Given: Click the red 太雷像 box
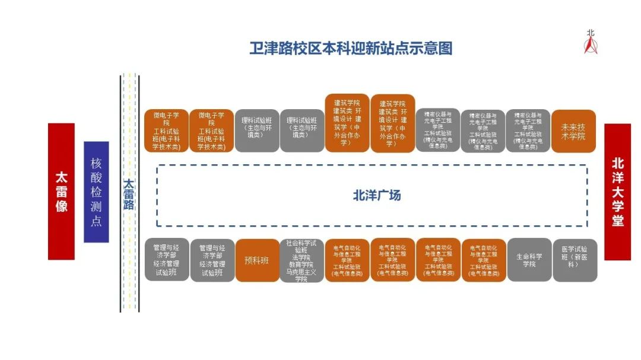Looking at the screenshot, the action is pos(61,191).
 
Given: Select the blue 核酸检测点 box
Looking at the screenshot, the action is pos(96,192).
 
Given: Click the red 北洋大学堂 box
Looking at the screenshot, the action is pos(617,192).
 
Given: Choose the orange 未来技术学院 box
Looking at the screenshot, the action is pos(573,131).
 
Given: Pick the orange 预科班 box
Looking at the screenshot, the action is pos(257,260).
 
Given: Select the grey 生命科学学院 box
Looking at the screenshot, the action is pos(529,260).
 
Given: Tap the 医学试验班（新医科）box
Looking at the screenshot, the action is pos(575,260).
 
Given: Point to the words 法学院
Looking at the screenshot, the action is pos(302,257).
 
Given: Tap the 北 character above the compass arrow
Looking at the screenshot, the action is pos(590,34).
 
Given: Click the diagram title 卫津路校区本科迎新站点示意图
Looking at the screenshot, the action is pos(351,48).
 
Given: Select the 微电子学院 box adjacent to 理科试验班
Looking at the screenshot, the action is pos(212,131).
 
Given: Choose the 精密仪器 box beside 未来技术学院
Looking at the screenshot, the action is pos(528,131).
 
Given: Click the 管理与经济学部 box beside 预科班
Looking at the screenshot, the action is pos(212,260).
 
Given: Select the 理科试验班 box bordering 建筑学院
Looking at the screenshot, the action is pos(302,131).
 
